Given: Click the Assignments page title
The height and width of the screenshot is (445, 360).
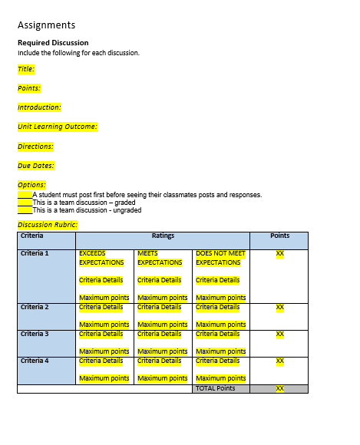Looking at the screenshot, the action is (x=46, y=25).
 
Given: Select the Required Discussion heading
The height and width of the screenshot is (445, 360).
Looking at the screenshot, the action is (x=53, y=43).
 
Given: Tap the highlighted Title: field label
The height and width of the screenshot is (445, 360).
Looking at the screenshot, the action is (x=26, y=69).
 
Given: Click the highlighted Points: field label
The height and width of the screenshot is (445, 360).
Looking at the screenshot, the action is (x=29, y=88).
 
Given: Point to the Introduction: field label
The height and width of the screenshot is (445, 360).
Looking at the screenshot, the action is (x=39, y=107).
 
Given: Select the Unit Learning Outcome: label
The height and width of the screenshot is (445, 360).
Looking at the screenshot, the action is (x=58, y=127).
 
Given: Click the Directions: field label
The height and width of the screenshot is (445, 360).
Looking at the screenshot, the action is (x=35, y=146).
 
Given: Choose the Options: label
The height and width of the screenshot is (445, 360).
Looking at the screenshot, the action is (x=31, y=184).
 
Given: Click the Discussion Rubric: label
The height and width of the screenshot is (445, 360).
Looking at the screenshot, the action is (x=48, y=225).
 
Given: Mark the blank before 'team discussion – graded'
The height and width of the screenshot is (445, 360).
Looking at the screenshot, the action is (x=25, y=203).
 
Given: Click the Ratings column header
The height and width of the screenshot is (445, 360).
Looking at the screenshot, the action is (x=163, y=236).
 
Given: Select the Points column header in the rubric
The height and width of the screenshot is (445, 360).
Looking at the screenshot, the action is (x=280, y=236).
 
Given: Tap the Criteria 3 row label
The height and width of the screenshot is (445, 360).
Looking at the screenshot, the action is (x=35, y=334).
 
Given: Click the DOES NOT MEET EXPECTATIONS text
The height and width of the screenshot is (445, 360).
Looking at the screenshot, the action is (x=220, y=258).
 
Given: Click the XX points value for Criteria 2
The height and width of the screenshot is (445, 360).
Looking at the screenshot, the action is (x=280, y=307).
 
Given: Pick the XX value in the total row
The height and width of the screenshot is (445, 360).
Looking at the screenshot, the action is (x=280, y=389).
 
